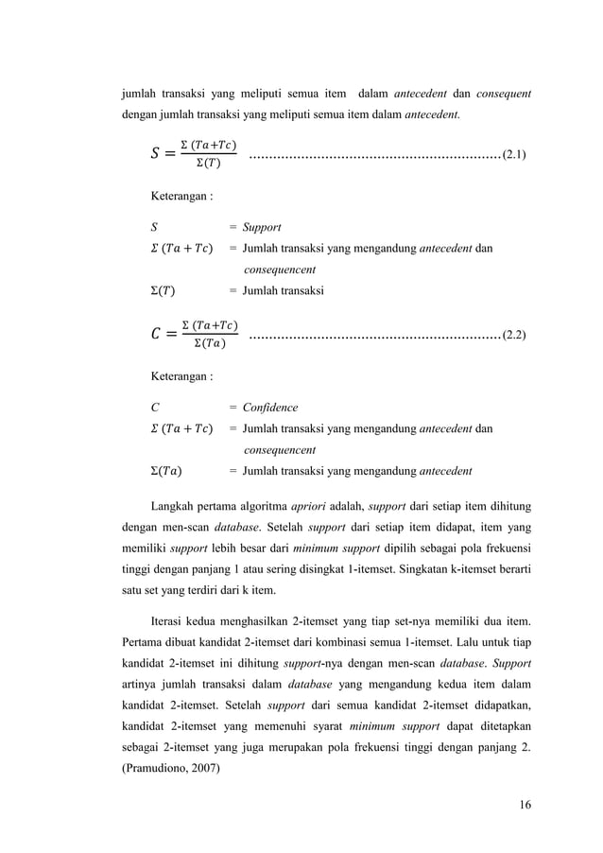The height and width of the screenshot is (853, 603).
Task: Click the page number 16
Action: [525, 804]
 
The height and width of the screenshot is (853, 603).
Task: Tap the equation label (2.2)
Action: [515, 334]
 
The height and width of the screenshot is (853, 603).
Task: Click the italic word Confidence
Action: [270, 408]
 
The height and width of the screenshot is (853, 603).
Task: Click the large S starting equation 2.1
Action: [157, 153]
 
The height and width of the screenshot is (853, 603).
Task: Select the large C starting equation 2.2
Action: [157, 335]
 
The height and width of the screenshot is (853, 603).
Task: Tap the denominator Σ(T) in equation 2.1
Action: [209, 163]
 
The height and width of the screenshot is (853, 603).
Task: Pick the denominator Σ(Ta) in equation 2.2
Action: [209, 344]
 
